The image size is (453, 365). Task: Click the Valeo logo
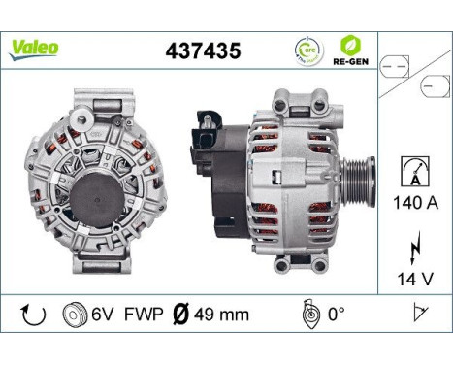(35, 48)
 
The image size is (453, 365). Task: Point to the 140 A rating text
(414, 205)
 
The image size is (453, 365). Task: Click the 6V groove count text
(103, 315)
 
